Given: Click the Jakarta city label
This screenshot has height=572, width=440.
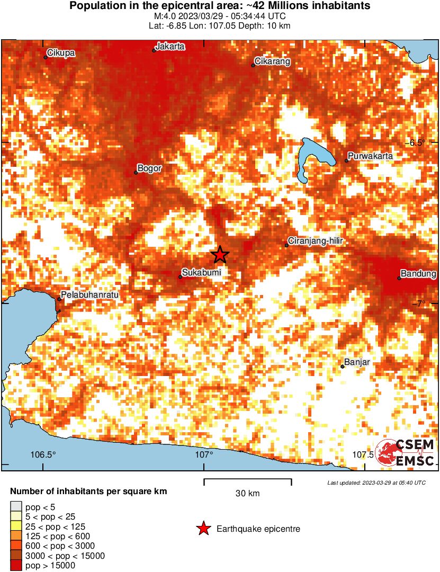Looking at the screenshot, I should tap(171, 46).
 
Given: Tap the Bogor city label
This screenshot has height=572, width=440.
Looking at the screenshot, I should tap(149, 168).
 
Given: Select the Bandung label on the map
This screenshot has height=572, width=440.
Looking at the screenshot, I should tap(418, 274).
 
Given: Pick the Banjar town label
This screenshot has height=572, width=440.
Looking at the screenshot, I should tap(357, 362).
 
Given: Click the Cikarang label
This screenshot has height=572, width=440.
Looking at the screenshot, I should tap(272, 61).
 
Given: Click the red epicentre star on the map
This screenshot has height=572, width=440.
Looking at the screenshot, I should tap(220, 255).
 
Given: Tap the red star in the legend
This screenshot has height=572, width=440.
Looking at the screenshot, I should tap(202, 529).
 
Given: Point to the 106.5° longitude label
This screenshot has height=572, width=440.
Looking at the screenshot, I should tap(43, 454).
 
